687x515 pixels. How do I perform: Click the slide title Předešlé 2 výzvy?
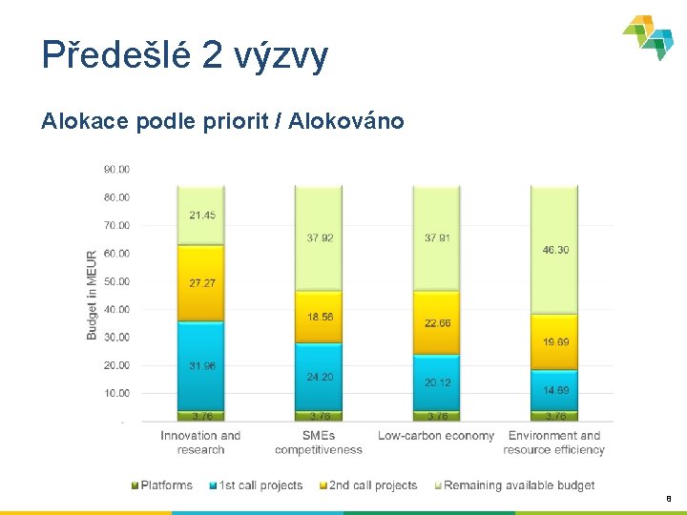[x=185, y=55]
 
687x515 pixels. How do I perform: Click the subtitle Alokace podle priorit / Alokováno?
[x=222, y=121]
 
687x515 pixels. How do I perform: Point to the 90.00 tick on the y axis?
[x=116, y=170]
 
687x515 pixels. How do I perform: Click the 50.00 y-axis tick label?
[x=116, y=281]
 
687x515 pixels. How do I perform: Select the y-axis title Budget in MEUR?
[x=92, y=295]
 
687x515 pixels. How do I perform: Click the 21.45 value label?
[x=201, y=216]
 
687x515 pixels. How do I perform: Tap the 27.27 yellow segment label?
[x=201, y=283]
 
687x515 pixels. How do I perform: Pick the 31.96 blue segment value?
[x=201, y=365]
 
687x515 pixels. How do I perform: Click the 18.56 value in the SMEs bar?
[x=320, y=317]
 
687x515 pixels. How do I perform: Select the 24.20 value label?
[x=320, y=377]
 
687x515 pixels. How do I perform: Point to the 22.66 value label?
[x=437, y=323]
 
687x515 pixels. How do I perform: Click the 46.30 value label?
[x=554, y=250]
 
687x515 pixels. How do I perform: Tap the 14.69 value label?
[x=554, y=390]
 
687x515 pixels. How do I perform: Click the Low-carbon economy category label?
[x=436, y=436]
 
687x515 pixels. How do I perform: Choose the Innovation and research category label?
[x=200, y=443]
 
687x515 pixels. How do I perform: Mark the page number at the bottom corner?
[x=669, y=497]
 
